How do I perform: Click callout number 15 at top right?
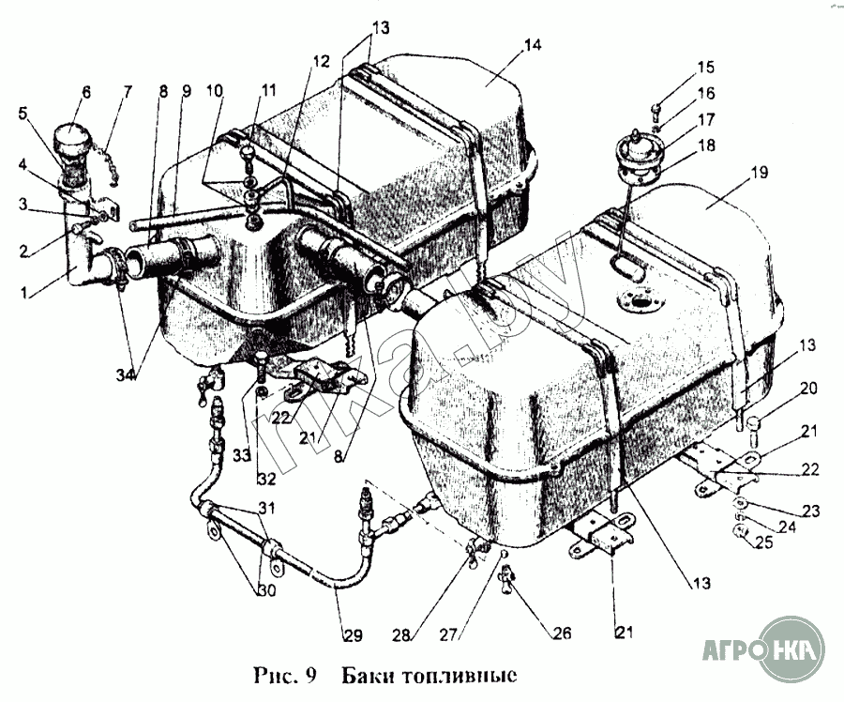pyautogui.click(x=705, y=67)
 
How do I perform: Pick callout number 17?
pyautogui.click(x=705, y=120)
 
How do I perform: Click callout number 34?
pyautogui.click(x=124, y=375)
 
